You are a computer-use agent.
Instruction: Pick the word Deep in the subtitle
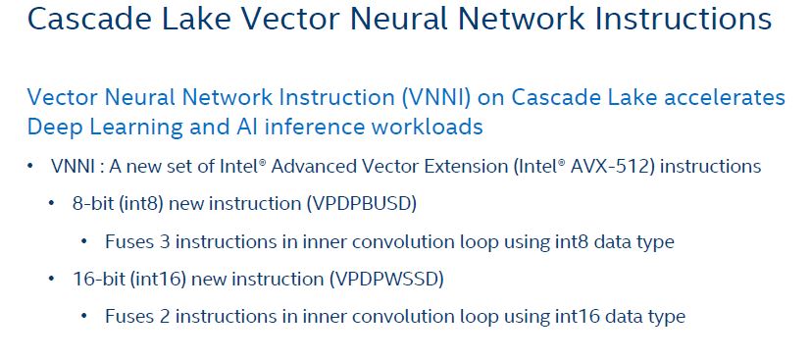point(53,128)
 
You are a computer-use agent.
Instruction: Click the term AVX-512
point(619,167)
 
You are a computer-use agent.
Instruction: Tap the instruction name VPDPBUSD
point(362,204)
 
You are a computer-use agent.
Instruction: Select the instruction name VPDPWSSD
point(387,280)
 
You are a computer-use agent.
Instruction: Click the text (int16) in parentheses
point(157,280)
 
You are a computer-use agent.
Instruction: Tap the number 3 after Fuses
point(165,242)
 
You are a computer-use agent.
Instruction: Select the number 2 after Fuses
point(165,316)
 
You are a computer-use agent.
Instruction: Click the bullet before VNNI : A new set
point(30,167)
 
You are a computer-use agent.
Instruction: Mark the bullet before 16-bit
point(51,280)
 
